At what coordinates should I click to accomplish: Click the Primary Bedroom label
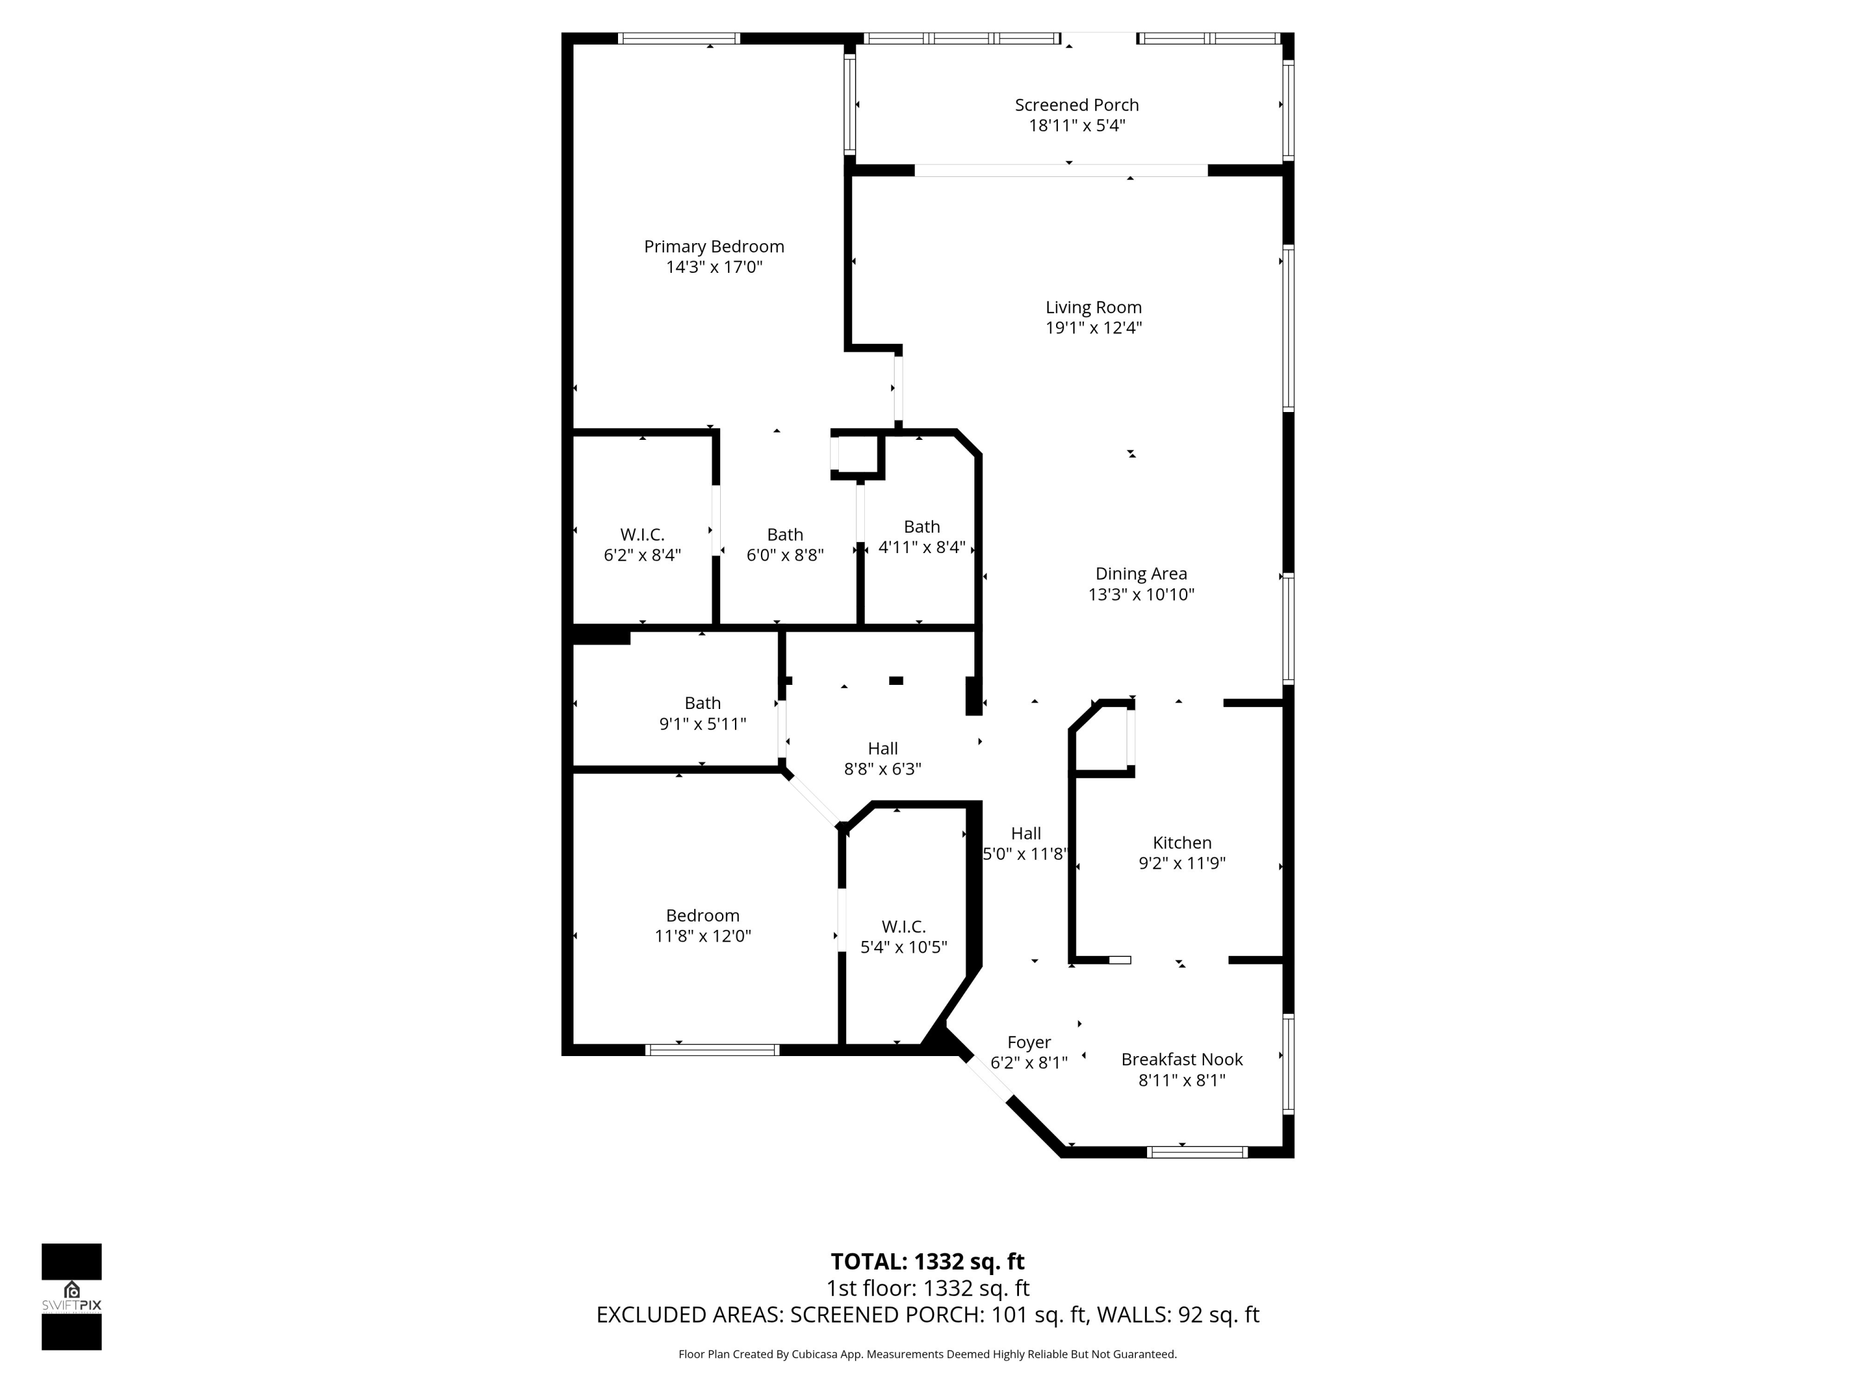click(x=714, y=247)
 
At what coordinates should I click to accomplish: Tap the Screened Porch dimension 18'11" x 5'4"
click(x=1076, y=126)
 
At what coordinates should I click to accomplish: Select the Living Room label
click(x=1093, y=308)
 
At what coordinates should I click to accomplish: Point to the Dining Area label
click(x=1141, y=574)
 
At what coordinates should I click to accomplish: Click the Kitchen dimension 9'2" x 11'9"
click(x=1182, y=864)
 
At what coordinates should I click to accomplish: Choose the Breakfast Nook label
click(x=1182, y=1060)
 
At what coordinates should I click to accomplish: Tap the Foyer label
click(x=1029, y=1042)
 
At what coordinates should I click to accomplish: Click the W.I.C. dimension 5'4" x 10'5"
click(x=904, y=947)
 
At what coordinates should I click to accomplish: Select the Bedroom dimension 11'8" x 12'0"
click(x=703, y=937)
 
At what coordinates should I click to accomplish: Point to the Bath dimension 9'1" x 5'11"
click(x=703, y=724)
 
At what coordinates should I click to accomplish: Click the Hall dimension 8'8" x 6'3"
click(x=883, y=770)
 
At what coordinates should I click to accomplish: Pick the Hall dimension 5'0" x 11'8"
click(x=1025, y=854)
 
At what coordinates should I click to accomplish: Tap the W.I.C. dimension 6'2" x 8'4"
click(x=643, y=556)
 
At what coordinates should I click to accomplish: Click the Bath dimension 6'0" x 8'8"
click(x=785, y=556)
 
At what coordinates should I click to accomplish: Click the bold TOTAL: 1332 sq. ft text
click(x=927, y=1262)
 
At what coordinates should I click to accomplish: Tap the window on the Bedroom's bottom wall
click(x=712, y=1050)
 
